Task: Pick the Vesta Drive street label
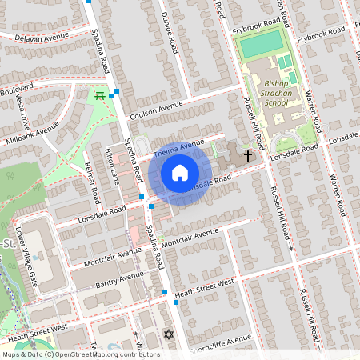tap(23, 111)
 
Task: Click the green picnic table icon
tap(100, 95)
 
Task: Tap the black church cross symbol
tap(248, 155)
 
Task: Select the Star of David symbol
tap(168, 334)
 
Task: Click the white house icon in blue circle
tap(180, 172)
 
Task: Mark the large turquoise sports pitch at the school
tap(261, 43)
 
